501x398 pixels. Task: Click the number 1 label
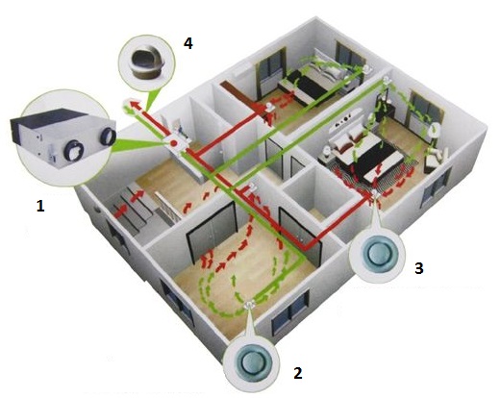40,206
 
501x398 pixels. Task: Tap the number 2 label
298,373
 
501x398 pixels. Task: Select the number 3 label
419,268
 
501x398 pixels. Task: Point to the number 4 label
188,43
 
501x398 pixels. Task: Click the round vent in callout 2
251,362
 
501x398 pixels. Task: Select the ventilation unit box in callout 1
63,137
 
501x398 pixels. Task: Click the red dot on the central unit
173,143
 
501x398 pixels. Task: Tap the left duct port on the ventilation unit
73,150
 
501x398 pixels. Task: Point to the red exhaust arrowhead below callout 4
136,105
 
